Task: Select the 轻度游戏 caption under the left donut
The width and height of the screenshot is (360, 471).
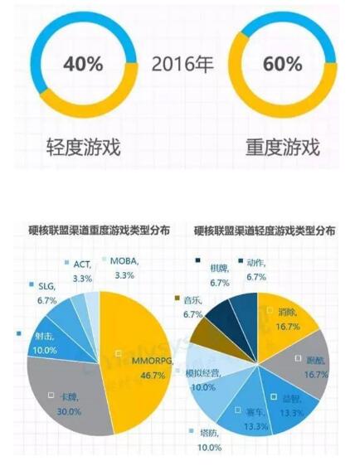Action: pyautogui.click(x=83, y=148)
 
